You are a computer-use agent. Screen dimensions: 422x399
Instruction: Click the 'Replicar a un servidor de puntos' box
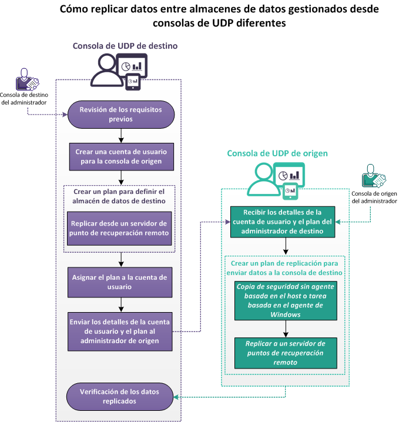click(286, 352)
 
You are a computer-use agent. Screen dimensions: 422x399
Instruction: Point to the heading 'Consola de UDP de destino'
click(125, 46)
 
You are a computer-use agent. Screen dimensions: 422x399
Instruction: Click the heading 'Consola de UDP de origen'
click(277, 153)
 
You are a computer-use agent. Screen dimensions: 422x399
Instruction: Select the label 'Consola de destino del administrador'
click(24, 98)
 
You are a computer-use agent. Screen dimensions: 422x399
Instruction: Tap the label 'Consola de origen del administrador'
click(373, 197)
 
